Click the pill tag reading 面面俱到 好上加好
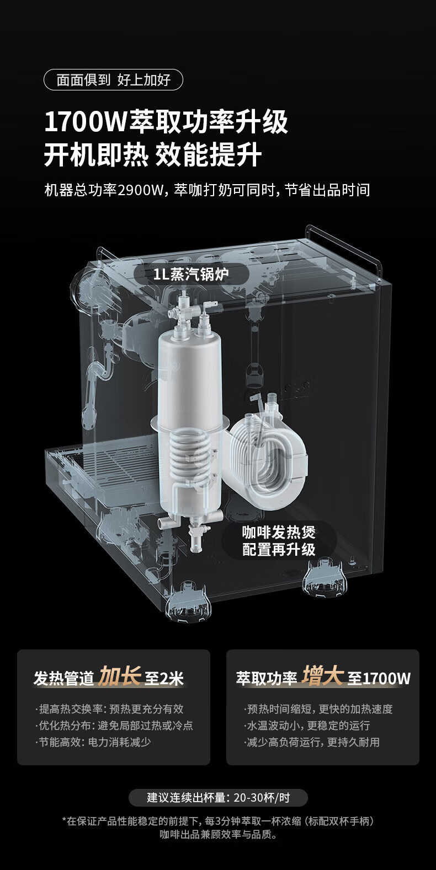113,80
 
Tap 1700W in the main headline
86,122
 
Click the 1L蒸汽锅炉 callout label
192,275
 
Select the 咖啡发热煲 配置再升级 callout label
279,540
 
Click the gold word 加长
119,676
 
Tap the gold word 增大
323,675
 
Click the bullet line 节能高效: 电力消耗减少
93,742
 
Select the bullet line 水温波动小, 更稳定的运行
308,725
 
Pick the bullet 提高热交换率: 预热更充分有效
110,709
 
